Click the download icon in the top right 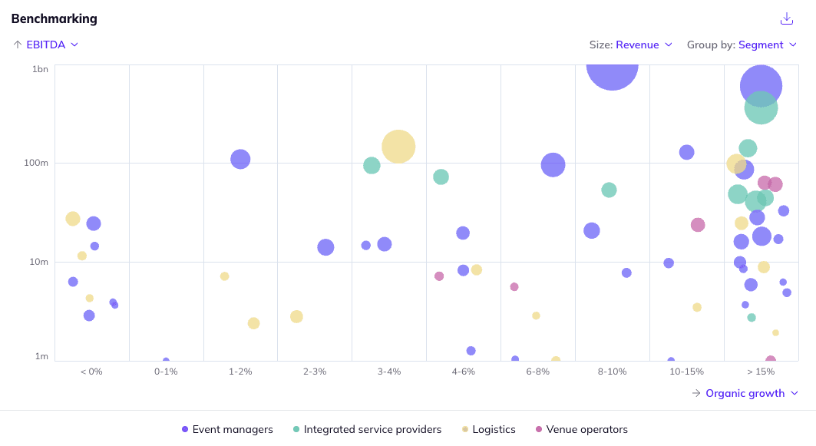point(786,18)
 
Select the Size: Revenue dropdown point(631,45)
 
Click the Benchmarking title point(54,18)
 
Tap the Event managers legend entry point(227,429)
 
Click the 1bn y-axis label point(41,69)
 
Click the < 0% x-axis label point(91,372)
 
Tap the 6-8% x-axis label point(537,372)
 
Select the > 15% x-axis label point(761,372)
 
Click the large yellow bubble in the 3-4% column point(398,146)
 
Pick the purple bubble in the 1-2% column point(240,159)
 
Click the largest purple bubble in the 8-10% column point(612,68)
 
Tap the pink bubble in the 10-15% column point(698,225)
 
